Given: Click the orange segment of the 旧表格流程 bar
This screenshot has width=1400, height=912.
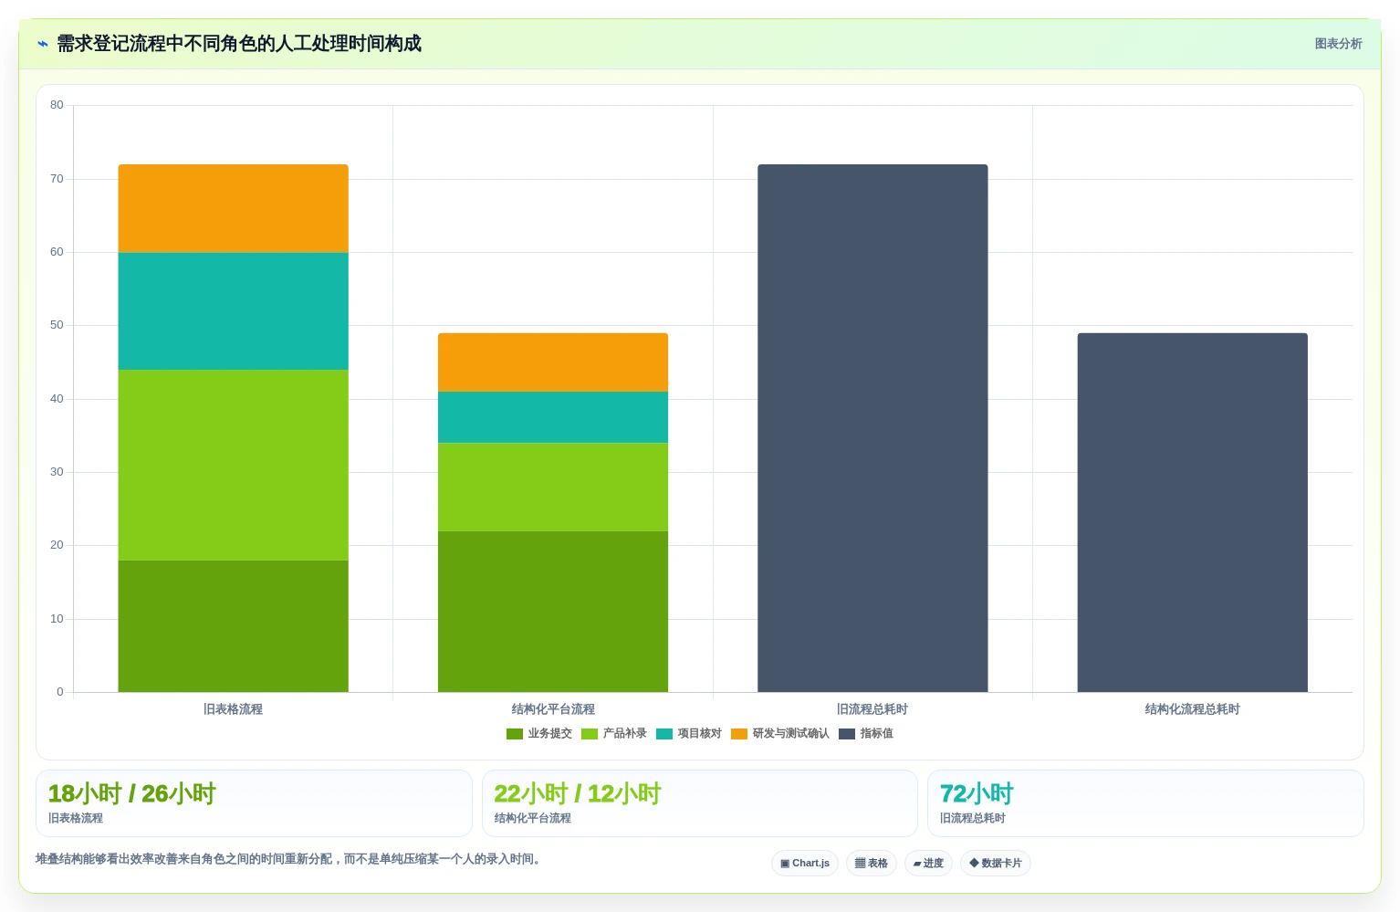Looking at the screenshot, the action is coord(233,208).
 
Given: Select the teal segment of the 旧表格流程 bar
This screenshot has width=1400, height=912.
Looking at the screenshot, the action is coord(233,311).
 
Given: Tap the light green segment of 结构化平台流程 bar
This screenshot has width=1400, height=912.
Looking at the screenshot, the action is coord(552,487).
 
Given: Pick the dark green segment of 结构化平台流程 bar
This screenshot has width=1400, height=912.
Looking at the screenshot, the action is coord(552,612).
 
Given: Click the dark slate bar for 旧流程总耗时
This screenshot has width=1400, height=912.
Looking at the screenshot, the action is coord(872,428).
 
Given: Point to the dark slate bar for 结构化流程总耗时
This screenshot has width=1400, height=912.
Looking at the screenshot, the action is coord(1192,512).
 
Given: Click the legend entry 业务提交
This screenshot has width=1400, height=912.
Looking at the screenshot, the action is coord(538,733).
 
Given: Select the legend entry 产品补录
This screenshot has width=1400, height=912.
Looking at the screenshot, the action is coord(613,733).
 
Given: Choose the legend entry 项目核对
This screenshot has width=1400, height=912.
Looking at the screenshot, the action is coord(689,733).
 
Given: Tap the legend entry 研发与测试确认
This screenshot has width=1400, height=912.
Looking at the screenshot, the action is coord(780,733).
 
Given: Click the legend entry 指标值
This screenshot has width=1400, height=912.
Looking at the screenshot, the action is coord(865,733).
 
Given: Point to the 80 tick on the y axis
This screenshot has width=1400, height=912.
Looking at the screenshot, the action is coord(57,105).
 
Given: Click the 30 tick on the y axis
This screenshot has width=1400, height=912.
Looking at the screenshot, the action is coord(57,472).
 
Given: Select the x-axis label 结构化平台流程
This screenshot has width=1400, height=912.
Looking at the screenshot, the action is coord(553,708).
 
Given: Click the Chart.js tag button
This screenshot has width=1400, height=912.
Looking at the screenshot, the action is coord(805,864).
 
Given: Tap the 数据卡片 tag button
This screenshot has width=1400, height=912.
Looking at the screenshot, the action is coord(995,864).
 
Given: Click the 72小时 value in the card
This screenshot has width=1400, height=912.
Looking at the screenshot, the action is coord(977,794).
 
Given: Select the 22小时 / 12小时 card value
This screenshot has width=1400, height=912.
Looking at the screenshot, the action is coord(577,794).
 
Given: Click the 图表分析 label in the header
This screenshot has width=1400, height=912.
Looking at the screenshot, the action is coord(1338,44).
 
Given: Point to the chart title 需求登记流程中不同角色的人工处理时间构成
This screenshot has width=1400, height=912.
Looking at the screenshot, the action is coord(239,44).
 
